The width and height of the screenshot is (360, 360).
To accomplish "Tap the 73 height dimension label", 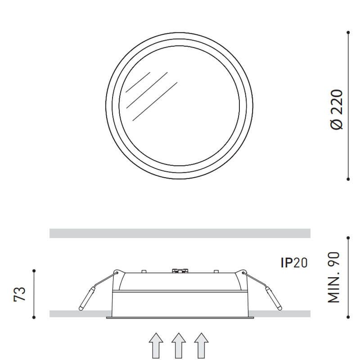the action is point(20,294).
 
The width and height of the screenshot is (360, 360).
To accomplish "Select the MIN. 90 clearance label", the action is point(333,277).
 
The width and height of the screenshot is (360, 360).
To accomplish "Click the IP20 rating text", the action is point(294,263).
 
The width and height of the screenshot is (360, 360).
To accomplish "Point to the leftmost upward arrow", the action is point(156,346).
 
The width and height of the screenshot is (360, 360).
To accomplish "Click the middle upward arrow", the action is point(179,346).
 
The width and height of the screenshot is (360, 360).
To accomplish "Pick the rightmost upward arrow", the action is point(201,346).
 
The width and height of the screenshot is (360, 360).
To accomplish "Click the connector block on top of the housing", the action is point(180,271).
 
